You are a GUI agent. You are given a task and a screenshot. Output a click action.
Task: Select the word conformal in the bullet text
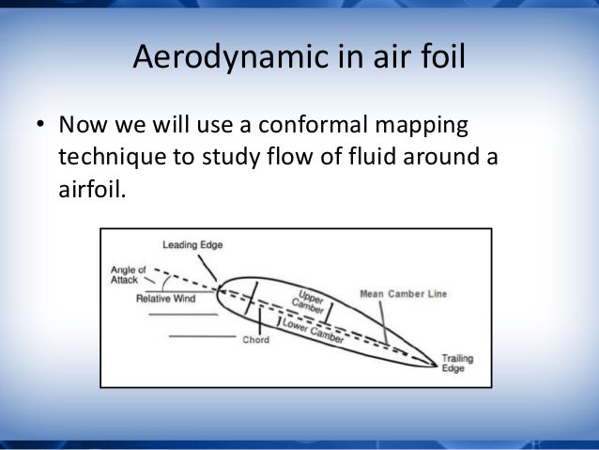[x=306, y=124]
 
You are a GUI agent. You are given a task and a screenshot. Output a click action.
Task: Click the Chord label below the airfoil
[x=255, y=339]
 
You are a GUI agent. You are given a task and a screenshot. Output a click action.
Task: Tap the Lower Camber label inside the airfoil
[x=315, y=330]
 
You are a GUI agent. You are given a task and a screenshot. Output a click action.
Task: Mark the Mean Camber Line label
[x=404, y=294]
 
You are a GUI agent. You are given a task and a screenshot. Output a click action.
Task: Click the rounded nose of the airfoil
[x=221, y=290]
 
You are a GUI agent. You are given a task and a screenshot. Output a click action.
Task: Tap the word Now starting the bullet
[x=79, y=125]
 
